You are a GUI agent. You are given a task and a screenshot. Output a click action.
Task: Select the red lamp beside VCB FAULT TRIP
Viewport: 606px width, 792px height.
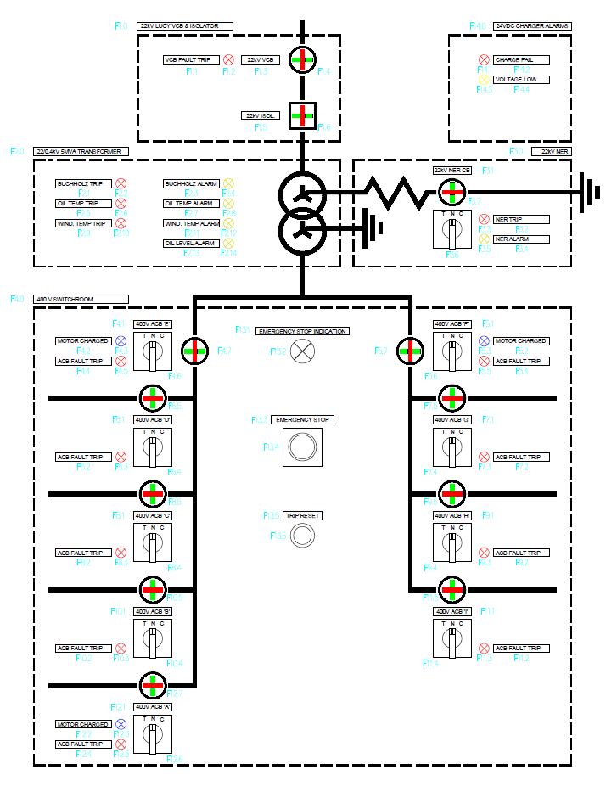click(x=228, y=59)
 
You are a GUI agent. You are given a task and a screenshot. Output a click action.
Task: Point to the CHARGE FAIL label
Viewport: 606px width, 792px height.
click(x=521, y=60)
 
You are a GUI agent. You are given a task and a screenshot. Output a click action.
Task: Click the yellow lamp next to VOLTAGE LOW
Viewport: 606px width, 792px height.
click(x=483, y=80)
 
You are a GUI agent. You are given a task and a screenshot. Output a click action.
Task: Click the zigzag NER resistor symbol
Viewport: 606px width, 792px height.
click(x=396, y=193)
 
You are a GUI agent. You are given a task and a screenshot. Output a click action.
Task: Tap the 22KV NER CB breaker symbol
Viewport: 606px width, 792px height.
click(x=452, y=193)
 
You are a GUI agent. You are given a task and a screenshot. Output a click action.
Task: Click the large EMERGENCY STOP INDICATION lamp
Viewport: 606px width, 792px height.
click(x=301, y=351)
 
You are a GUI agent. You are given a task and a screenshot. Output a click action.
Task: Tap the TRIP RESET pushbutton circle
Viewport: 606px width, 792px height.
click(x=301, y=536)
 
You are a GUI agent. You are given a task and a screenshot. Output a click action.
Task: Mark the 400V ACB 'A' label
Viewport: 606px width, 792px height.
click(x=153, y=706)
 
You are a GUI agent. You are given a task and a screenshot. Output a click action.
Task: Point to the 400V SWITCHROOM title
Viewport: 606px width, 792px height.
click(x=81, y=299)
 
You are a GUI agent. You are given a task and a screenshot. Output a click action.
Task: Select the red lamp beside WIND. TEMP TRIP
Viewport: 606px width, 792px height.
click(x=121, y=223)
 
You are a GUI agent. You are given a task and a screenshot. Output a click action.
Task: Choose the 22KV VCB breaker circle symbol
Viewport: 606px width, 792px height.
click(x=301, y=59)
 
